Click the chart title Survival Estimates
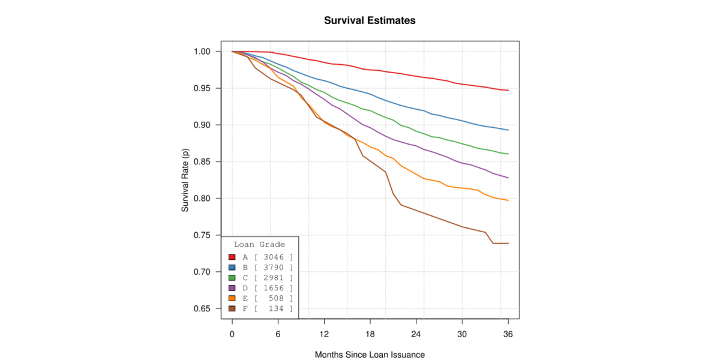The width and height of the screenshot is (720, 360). point(370,20)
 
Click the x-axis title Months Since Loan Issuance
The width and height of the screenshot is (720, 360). point(370,355)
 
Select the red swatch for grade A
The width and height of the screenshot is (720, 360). point(232,257)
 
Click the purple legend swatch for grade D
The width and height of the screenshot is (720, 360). point(232,288)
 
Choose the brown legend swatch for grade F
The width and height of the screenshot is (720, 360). point(232,308)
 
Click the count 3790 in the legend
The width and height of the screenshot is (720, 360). point(274,267)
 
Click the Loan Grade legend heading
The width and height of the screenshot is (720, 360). point(259,245)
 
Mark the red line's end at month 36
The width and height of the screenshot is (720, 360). point(508,91)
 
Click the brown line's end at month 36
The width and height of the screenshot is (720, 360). point(508,243)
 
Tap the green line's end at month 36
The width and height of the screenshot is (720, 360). point(508,154)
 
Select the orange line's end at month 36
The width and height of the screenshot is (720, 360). point(508,200)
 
